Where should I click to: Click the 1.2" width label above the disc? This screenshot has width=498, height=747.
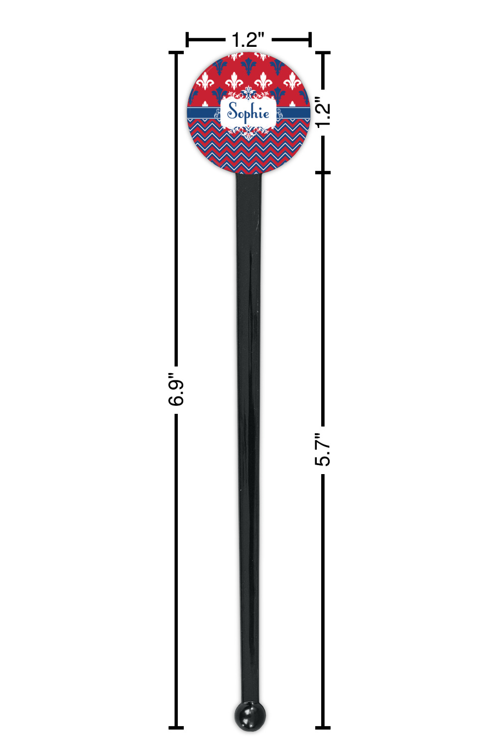(x=248, y=40)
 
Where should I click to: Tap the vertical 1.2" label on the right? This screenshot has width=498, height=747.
(x=323, y=112)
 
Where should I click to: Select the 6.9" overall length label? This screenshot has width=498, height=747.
(x=176, y=389)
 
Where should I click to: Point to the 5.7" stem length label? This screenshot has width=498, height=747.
(x=323, y=450)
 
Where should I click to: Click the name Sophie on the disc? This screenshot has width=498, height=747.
(x=248, y=113)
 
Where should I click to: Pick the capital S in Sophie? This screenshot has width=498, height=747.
(x=233, y=111)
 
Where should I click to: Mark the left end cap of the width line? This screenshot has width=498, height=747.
(x=187, y=40)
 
